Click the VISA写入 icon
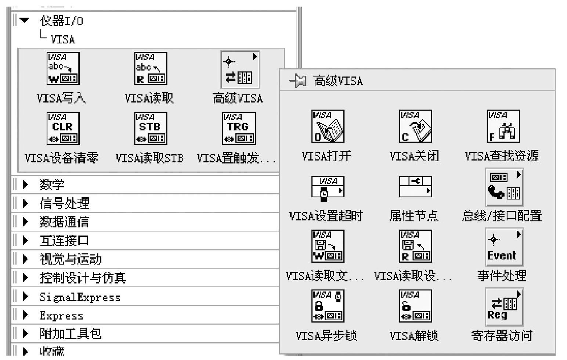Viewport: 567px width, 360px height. pos(63,69)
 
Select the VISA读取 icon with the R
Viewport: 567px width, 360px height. pos(151,69)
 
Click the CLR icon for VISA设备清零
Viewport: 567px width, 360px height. pos(63,128)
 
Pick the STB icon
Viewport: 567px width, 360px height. pos(151,128)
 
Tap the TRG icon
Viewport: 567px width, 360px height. pos(239,128)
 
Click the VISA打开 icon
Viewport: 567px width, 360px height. pos(328,126)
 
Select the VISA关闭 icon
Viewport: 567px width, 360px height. pos(415,126)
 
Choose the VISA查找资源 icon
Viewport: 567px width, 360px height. pos(503,126)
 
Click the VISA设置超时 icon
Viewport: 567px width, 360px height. pos(328,187)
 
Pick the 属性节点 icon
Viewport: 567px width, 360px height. pos(415,186)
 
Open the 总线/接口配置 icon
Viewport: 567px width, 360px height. pos(504,187)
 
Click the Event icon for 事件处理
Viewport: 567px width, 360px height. pos(504,246)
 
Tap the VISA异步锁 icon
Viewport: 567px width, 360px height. pos(328,306)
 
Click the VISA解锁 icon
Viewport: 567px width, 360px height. pos(415,306)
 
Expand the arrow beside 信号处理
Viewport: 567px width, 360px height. pos(25,203)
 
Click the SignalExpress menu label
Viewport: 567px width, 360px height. pos(80,297)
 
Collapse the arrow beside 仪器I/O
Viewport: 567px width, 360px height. pos(25,20)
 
